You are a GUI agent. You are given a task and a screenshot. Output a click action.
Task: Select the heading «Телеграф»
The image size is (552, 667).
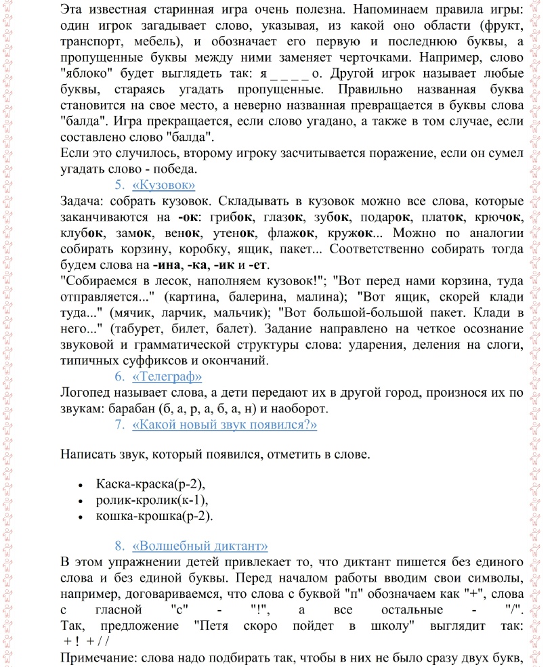[x=167, y=376]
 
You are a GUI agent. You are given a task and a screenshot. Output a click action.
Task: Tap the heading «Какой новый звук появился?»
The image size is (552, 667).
[x=225, y=425]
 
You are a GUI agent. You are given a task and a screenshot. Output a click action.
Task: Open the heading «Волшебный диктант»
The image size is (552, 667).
[x=200, y=546]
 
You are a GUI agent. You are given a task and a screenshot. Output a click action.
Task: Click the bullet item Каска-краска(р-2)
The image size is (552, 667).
[x=150, y=484]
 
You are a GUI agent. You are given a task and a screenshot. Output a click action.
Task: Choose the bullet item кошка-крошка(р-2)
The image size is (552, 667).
[x=154, y=517]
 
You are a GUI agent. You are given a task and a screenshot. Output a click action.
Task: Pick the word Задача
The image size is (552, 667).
[x=81, y=201]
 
